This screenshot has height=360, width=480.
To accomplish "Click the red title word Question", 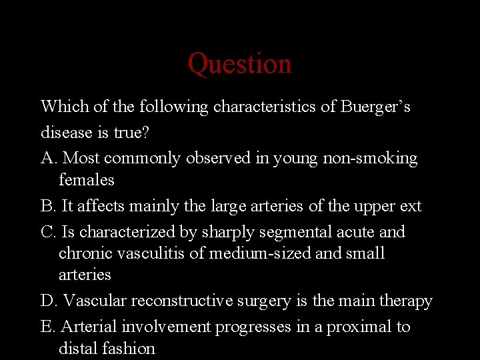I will coord(239,64).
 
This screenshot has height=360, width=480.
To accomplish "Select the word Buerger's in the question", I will coord(376,107).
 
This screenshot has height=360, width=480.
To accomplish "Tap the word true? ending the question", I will coord(131,133).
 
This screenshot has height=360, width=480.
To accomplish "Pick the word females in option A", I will coord(87,180).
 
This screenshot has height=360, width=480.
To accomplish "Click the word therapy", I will coord(406,301).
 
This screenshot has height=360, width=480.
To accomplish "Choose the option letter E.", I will coord(47,327).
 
